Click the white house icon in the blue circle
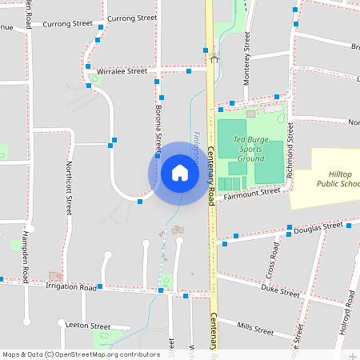(x=179, y=173)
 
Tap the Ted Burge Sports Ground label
(x=250, y=149)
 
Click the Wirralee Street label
(x=122, y=71)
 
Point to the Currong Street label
(x=132, y=18)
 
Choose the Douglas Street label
(x=318, y=228)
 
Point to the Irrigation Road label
(x=71, y=286)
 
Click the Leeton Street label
(x=89, y=326)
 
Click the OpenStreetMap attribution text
(x=82, y=354)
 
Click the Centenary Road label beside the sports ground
(x=212, y=172)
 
